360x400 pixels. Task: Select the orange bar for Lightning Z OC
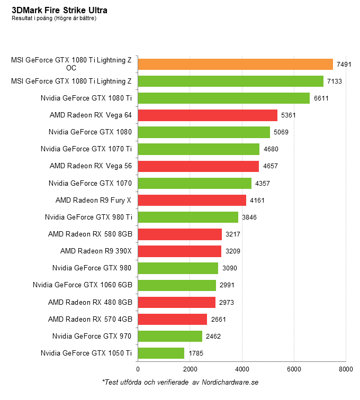pyautogui.click(x=235, y=64)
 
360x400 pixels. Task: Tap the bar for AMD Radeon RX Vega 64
pyautogui.click(x=208, y=115)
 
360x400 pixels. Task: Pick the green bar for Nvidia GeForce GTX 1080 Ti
pyautogui.click(x=223, y=98)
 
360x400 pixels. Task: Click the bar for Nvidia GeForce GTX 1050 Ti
pyautogui.click(x=161, y=353)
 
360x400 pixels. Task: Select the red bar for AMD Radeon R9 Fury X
pyautogui.click(x=192, y=200)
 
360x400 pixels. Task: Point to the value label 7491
pyautogui.click(x=345, y=65)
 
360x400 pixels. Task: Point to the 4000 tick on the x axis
pyautogui.click(x=242, y=369)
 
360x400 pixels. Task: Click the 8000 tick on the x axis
pyautogui.click(x=346, y=369)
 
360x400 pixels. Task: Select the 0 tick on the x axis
pyautogui.click(x=138, y=369)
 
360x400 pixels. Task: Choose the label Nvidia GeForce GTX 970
pyautogui.click(x=92, y=336)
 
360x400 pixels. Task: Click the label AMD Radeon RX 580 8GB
pyautogui.click(x=89, y=234)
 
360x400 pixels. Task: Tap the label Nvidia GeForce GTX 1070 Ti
pyautogui.click(x=86, y=149)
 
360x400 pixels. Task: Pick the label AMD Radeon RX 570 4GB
pyautogui.click(x=89, y=319)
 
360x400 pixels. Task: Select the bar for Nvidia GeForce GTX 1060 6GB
pyautogui.click(x=177, y=285)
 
